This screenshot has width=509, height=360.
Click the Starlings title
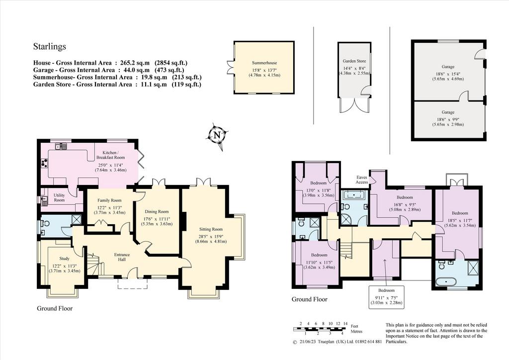50,46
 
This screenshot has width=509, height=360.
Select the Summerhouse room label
264,63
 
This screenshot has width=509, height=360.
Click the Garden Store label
354,61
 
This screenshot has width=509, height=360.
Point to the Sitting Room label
211,230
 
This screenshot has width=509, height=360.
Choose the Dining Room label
157,212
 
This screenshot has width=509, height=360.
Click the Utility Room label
59,198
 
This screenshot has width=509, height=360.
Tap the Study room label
64,259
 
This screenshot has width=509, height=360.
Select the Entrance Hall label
122,257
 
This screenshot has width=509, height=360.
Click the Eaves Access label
362,180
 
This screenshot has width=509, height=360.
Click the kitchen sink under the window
61,147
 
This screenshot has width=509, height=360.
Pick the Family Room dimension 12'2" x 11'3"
109,207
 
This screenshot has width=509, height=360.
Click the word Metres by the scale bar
356,332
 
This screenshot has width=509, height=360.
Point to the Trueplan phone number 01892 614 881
368,342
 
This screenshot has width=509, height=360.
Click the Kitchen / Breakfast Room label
110,155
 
